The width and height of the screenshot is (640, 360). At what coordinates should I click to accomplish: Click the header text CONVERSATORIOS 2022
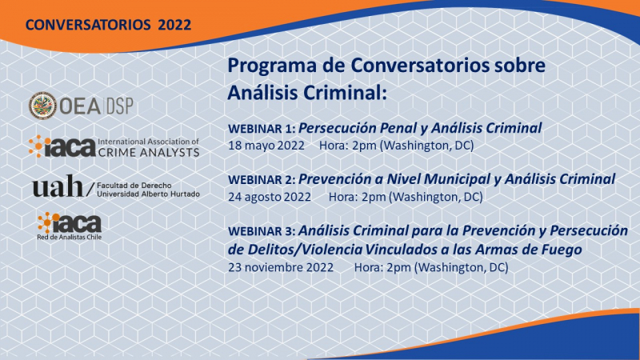[x=108, y=25]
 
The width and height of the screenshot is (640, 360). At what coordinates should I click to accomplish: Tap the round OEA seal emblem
[x=42, y=106]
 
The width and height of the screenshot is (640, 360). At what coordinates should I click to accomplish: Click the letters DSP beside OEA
[x=120, y=106]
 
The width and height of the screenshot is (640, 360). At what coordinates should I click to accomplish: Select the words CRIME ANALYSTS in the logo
[x=149, y=152]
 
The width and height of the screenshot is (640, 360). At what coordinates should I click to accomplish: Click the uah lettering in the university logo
[x=58, y=186]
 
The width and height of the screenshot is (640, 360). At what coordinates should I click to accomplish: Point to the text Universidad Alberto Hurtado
[x=148, y=194]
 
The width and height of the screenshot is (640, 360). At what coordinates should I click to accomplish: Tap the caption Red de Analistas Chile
[x=70, y=237]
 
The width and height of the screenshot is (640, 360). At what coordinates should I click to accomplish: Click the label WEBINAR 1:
[x=262, y=129]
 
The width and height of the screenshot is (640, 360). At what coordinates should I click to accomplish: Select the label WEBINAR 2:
[x=262, y=180]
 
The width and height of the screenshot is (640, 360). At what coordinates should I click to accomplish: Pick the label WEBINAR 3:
[x=262, y=231]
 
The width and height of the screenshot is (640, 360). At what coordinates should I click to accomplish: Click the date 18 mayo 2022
[x=266, y=146]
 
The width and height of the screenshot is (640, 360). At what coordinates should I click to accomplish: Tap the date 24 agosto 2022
[x=270, y=197]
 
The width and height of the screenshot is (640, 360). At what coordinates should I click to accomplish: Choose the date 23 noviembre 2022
[x=281, y=267]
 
